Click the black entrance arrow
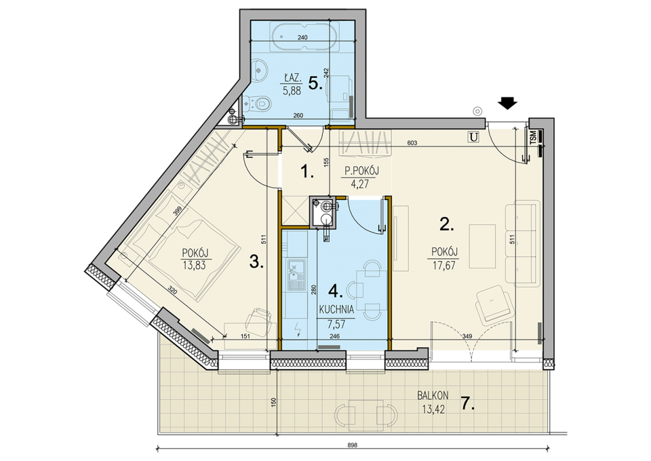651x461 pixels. pyautogui.click(x=508, y=103)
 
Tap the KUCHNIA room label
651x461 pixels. pyautogui.click(x=336, y=309)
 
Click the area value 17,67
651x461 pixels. pyautogui.click(x=443, y=265)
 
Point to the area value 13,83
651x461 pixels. pyautogui.click(x=195, y=265)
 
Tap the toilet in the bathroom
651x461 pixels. pyautogui.click(x=258, y=102)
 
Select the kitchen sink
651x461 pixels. pyautogui.click(x=296, y=275)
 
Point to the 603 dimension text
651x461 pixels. pyautogui.click(x=412, y=143)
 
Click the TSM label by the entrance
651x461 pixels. pyautogui.click(x=533, y=136)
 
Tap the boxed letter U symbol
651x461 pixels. pyautogui.click(x=473, y=136)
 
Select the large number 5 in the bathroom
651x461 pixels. pyautogui.click(x=315, y=84)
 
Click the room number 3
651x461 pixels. pyautogui.click(x=256, y=262)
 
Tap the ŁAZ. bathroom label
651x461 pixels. pyautogui.click(x=292, y=78)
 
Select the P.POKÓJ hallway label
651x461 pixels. pyautogui.click(x=362, y=171)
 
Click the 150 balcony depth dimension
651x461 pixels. pyautogui.click(x=273, y=403)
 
